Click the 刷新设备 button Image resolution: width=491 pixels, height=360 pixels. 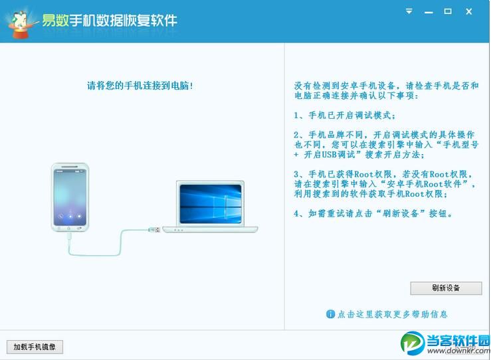pos(446,288)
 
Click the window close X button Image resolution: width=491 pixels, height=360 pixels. pos(468,11)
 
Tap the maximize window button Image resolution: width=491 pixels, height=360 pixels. pos(448,11)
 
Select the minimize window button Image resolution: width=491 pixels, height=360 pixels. pos(429,11)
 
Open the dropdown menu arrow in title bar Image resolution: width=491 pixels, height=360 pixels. pos(409,11)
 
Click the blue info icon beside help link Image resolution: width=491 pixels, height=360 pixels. pos(330,314)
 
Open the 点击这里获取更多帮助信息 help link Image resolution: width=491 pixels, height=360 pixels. pos(392,314)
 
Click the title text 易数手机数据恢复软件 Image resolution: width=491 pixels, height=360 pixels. pos(110,20)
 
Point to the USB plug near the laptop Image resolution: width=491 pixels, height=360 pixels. pos(153,230)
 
